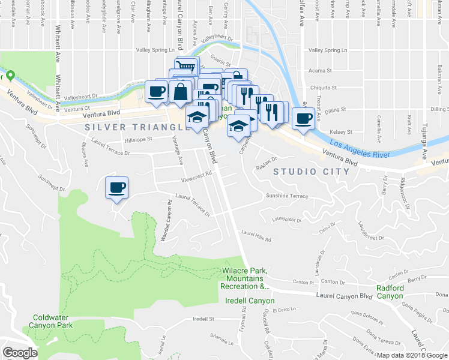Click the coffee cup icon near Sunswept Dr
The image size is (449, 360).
click(x=116, y=187)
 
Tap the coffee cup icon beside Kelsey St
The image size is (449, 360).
click(x=304, y=118)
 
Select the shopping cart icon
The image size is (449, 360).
click(x=186, y=65)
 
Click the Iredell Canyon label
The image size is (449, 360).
click(x=249, y=301)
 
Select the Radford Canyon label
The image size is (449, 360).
click(x=390, y=292)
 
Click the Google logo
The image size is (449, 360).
click(x=19, y=353)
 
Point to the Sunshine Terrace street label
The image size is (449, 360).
click(x=287, y=196)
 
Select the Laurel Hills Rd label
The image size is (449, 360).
click(x=256, y=235)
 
